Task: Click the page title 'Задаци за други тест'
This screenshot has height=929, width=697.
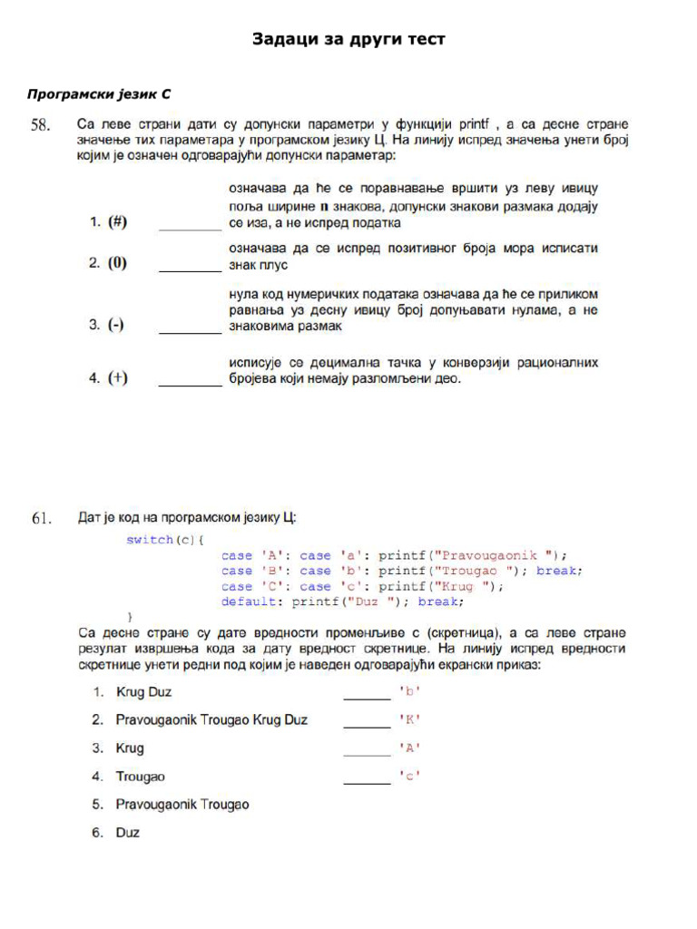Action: point(348,40)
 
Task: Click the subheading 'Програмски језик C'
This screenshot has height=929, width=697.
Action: point(99,93)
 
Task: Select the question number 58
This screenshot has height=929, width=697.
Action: point(42,126)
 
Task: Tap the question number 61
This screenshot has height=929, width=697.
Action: point(42,519)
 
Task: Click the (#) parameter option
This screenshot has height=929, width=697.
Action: point(117,222)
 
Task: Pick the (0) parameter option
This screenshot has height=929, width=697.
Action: point(117,264)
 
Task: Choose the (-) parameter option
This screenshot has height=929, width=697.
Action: point(116,325)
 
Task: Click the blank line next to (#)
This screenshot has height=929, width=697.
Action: point(190,228)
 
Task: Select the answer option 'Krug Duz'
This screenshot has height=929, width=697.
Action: point(143,692)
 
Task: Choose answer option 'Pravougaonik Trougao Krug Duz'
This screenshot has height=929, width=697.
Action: point(211,720)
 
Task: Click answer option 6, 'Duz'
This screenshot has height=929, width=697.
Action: point(128,832)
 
